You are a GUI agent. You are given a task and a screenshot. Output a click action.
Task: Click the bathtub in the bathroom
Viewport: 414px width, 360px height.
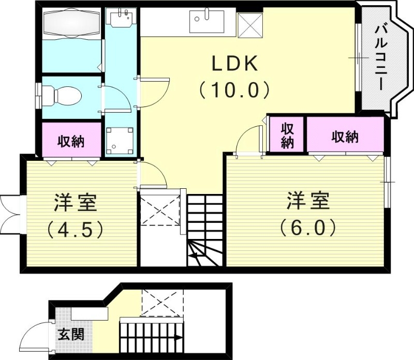click(x=72, y=24)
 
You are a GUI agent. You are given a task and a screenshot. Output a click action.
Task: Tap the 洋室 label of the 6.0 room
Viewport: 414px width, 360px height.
click(x=308, y=201)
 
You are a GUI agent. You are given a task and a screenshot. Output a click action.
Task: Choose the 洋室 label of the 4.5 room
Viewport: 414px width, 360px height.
click(x=76, y=202)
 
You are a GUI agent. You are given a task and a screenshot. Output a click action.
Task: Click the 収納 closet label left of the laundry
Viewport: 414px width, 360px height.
click(x=71, y=140)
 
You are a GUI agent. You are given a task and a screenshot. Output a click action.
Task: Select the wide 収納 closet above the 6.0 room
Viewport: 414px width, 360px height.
click(x=345, y=137)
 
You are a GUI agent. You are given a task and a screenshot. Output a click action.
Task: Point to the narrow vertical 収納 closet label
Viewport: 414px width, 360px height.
click(x=287, y=136)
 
